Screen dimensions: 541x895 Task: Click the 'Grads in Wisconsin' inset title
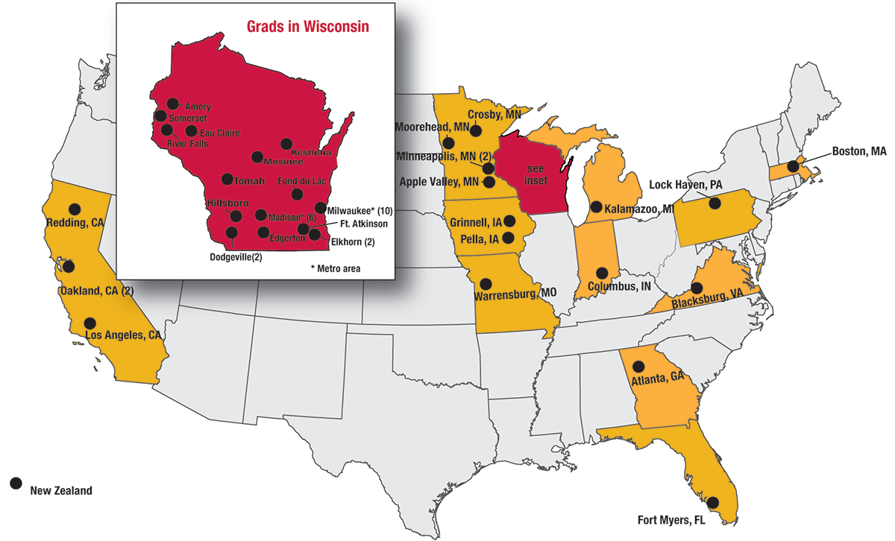[308, 27]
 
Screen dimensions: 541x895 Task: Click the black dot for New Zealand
[15, 483]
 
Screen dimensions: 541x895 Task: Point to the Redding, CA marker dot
[74, 209]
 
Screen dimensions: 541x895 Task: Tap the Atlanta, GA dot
[638, 366]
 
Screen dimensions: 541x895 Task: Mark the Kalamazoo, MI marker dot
[596, 206]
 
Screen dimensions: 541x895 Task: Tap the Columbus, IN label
[618, 286]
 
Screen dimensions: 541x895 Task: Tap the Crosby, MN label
[494, 114]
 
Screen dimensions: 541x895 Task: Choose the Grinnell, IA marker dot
[509, 221]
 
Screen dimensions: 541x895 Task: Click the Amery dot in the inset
[173, 104]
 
